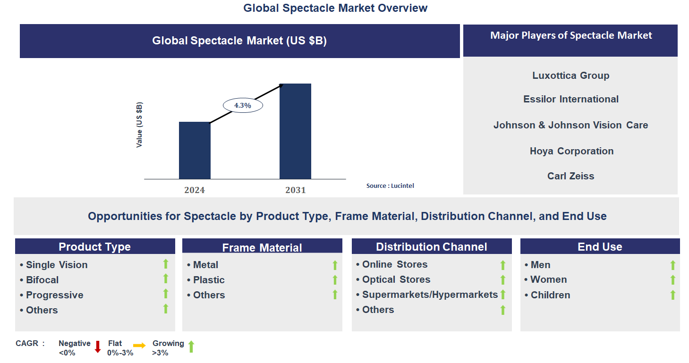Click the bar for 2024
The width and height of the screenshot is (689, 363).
tap(195, 150)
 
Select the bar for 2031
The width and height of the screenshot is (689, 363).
tap(295, 131)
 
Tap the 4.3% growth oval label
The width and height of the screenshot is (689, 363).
tap(243, 105)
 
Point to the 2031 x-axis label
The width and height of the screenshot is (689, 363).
tap(295, 190)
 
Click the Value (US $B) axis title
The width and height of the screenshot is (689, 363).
tap(139, 125)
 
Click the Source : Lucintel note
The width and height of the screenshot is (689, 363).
tap(390, 186)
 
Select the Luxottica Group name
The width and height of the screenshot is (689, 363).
tap(570, 76)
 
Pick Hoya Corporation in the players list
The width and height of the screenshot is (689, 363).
tap(571, 151)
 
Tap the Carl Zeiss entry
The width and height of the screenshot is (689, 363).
tap(570, 176)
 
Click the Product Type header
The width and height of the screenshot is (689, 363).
tap(95, 247)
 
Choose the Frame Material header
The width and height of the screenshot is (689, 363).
tap(262, 247)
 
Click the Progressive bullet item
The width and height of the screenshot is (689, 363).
tap(54, 295)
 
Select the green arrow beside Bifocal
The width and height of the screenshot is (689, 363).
tap(166, 279)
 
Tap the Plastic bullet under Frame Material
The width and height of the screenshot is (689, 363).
tap(209, 280)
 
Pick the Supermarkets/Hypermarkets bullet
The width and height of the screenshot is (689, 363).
tap(430, 295)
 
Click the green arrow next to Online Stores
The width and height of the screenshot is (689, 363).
tap(503, 265)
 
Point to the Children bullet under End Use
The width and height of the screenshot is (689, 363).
tap(550, 295)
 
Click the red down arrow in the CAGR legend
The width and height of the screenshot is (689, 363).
tap(98, 347)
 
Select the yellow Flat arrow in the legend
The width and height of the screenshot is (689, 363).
tap(140, 346)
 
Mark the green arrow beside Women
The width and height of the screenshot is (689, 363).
tap(673, 280)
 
